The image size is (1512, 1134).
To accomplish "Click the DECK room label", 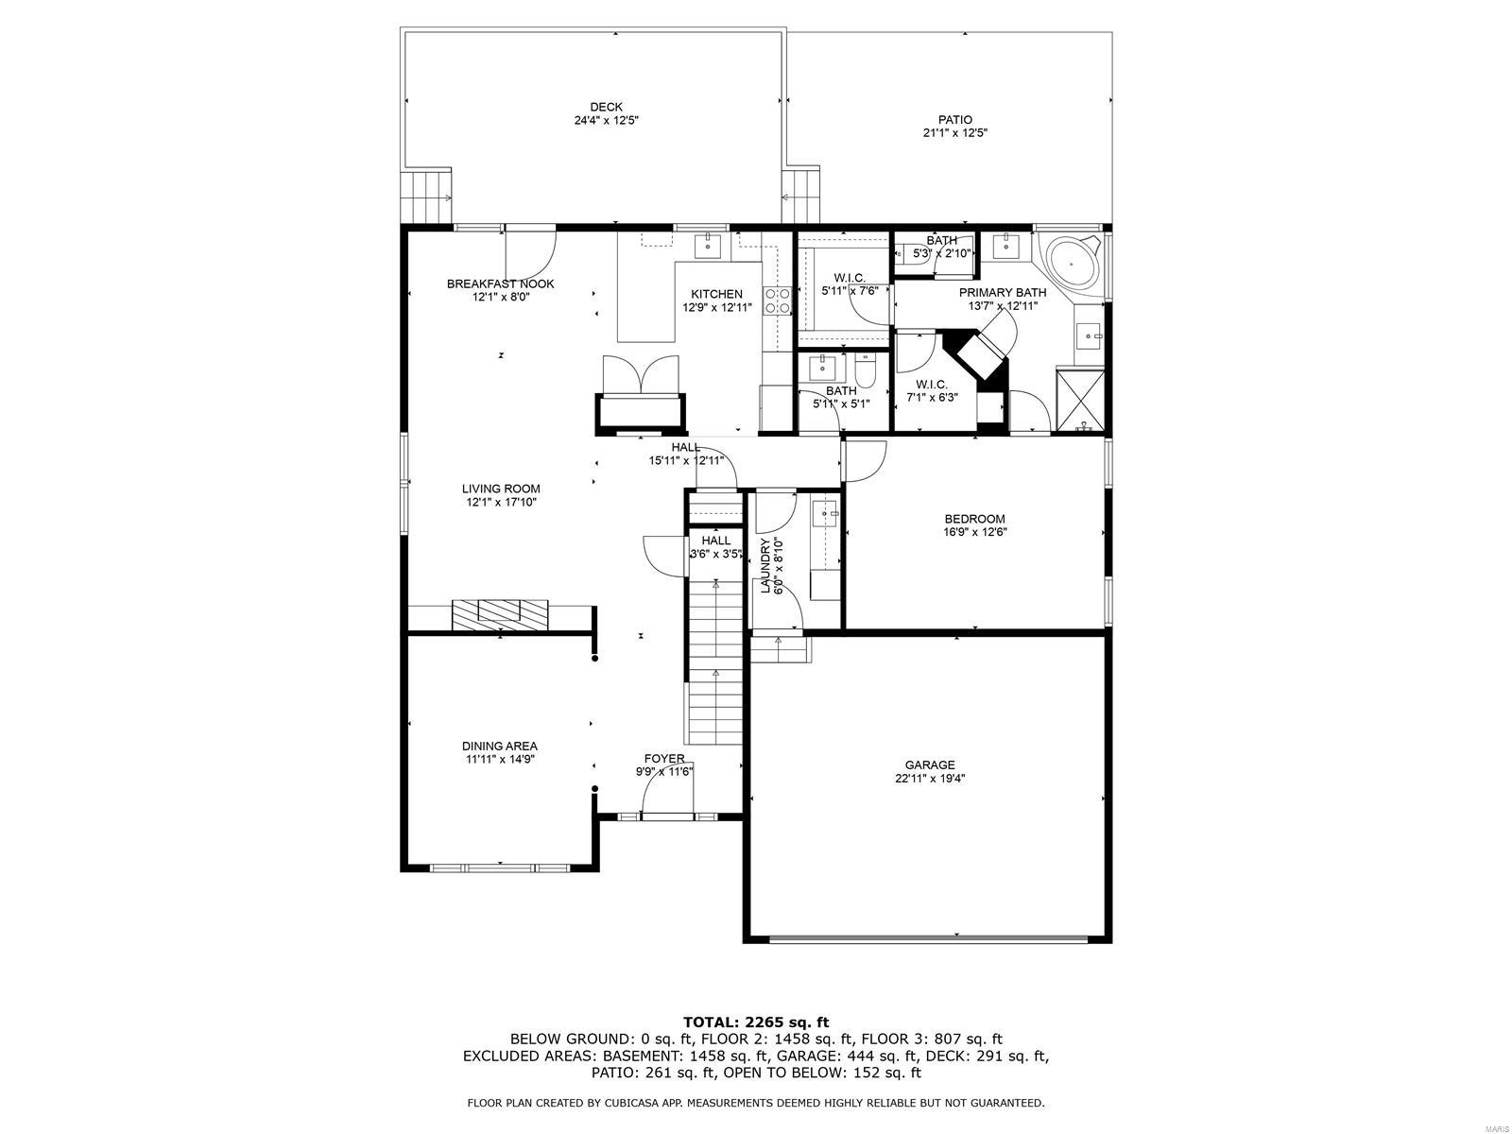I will point(606,107).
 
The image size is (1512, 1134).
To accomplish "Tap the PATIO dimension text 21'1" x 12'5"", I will point(954,133).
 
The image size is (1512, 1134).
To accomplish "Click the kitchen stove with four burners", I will point(778,301).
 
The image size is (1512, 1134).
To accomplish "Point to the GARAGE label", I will point(930,765).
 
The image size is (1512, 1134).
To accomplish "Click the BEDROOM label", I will point(974,519).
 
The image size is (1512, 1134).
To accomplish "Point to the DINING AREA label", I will point(500,747).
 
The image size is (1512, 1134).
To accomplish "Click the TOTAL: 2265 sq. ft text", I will point(756,1022).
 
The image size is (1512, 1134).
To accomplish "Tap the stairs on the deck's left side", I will point(425,197).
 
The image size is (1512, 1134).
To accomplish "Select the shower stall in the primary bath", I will point(1079,400).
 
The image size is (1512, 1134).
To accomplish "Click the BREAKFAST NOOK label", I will point(500,283).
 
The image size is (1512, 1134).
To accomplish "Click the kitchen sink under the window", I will point(709,246).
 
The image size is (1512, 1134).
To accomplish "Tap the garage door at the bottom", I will point(928,938).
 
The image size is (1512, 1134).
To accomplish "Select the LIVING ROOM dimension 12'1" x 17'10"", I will point(501,503).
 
